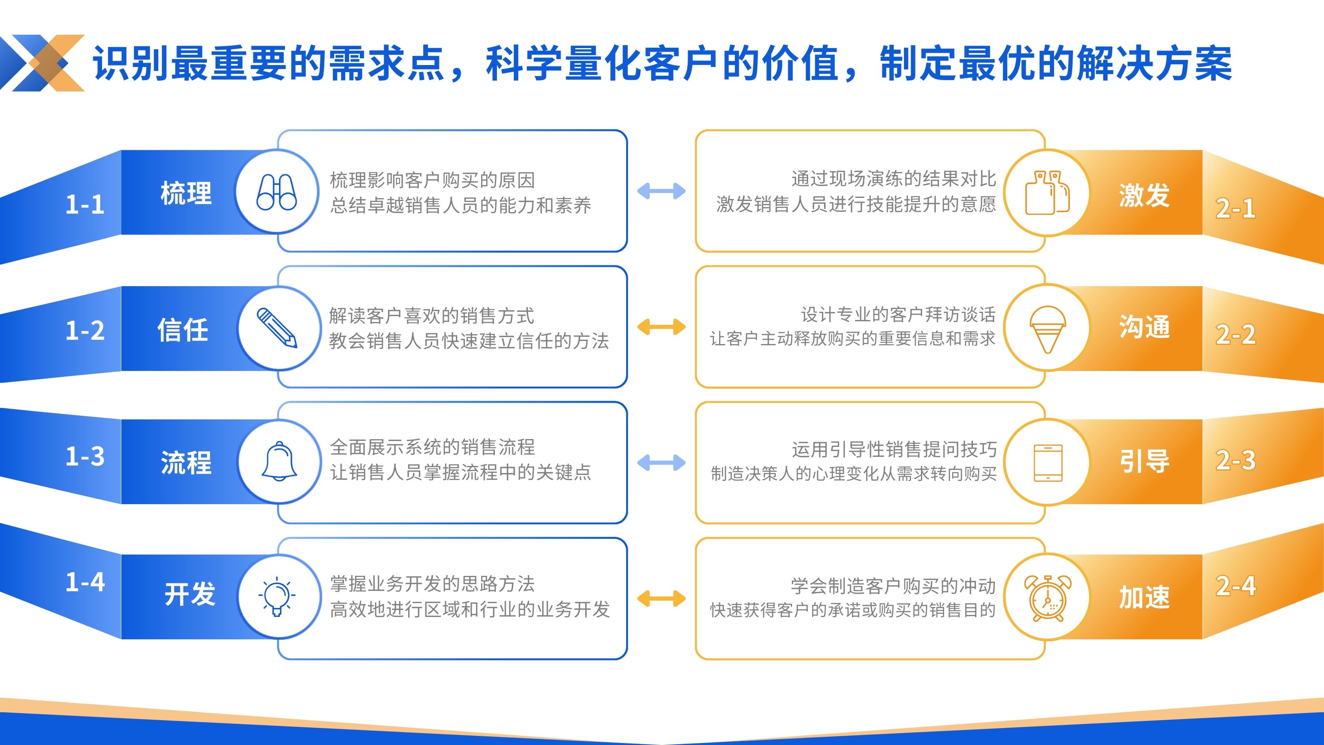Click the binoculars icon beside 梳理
coord(277,192)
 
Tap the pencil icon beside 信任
coord(277,328)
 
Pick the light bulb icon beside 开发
coord(277,596)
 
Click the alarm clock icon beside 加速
coord(1047,598)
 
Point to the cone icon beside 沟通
coord(1047,329)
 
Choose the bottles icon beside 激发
coord(1047,193)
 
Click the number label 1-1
coord(86,205)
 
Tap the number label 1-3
coord(86,456)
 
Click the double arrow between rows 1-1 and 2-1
coord(661,191)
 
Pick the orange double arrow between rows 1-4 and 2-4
coord(661,598)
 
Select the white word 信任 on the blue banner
coord(182,330)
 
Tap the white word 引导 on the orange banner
coord(1144,461)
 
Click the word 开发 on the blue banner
coord(190,594)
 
